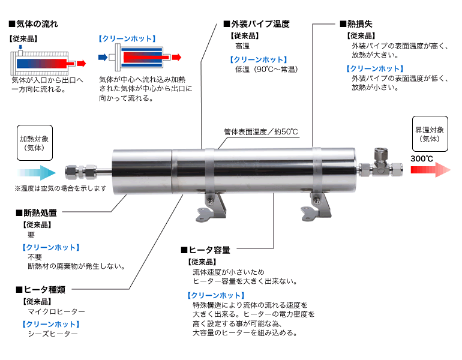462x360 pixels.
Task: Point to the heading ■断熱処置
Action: (37, 212)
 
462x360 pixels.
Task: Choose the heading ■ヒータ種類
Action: (37, 289)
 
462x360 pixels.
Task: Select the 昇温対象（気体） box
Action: (430, 134)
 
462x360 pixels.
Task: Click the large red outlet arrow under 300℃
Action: (431, 170)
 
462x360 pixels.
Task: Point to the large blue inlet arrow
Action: (40, 173)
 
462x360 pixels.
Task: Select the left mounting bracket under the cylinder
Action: (213, 205)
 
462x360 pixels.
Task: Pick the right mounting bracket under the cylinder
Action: (317, 205)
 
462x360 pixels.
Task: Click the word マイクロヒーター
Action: (56, 312)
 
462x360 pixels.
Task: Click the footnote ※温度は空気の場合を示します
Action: (61, 188)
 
